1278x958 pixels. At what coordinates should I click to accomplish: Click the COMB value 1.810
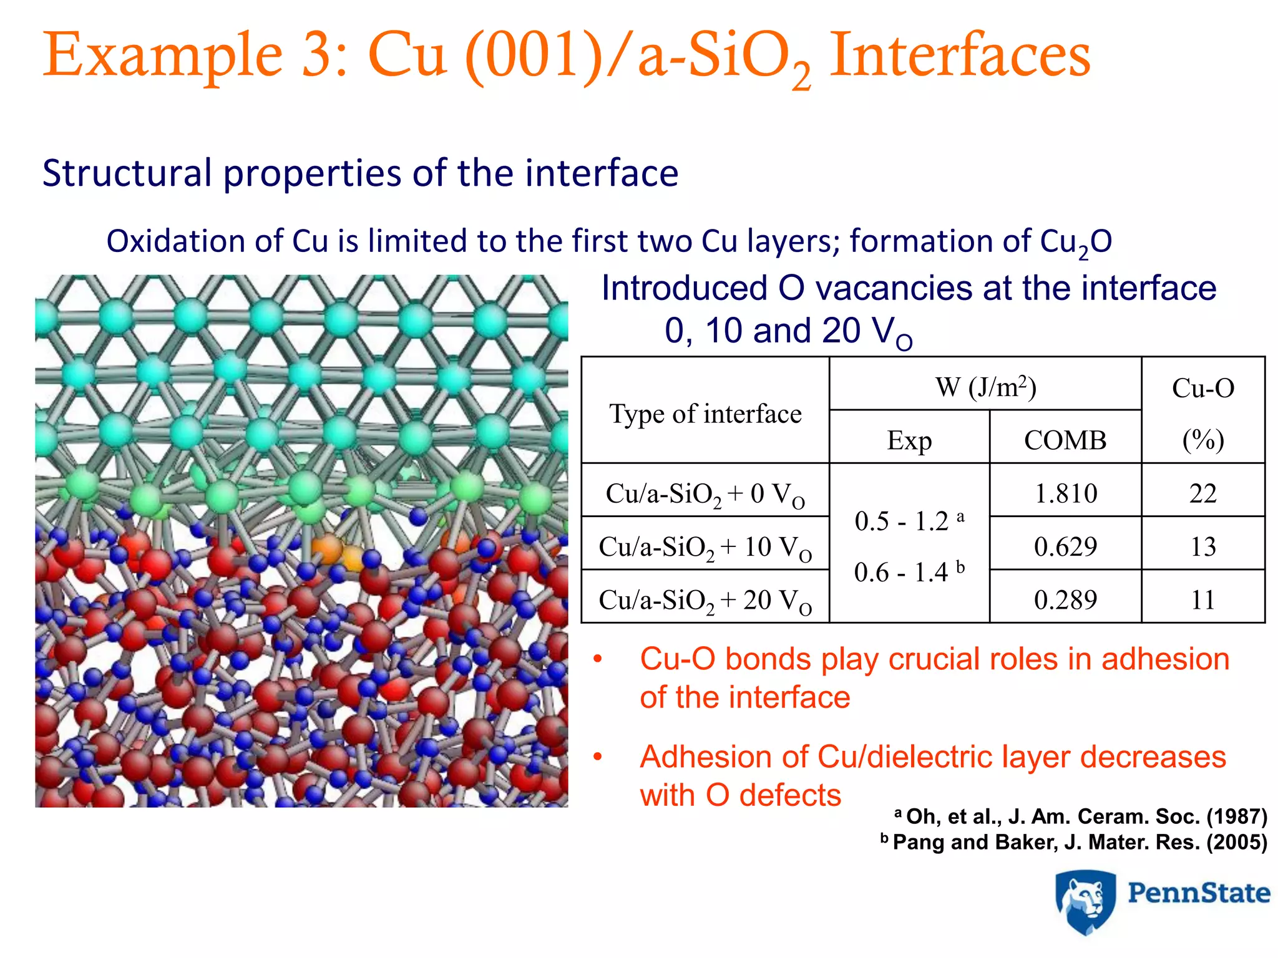(x=1065, y=493)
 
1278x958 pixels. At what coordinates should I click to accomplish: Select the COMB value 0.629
(x=1065, y=546)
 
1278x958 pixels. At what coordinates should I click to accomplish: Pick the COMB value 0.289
(x=1065, y=599)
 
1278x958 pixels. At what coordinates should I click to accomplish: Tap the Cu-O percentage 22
(x=1202, y=493)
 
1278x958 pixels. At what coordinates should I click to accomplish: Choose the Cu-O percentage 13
(x=1202, y=546)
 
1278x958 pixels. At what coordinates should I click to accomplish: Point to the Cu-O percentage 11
(x=1202, y=599)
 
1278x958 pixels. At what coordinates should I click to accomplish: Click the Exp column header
(x=909, y=440)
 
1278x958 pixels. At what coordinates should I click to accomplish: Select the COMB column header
(x=1065, y=440)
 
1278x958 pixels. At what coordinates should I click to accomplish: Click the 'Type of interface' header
(x=705, y=414)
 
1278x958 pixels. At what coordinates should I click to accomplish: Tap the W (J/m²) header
(x=985, y=387)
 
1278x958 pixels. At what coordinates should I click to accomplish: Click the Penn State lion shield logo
(x=1085, y=902)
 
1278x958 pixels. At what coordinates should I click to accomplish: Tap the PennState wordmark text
(x=1198, y=893)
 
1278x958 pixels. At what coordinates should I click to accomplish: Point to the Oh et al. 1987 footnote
(x=1081, y=816)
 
